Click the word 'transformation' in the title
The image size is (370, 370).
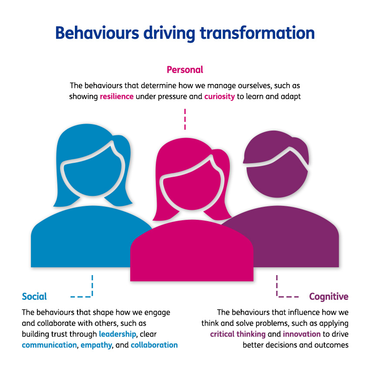256,34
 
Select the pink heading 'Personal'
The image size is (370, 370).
185,70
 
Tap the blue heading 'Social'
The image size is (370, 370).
34,297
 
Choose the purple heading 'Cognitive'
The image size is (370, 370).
329,297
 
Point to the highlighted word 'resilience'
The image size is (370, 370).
117,97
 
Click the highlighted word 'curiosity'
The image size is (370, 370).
219,97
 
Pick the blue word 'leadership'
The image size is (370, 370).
117,335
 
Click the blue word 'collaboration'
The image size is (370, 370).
154,345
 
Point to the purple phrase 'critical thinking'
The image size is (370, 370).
238,335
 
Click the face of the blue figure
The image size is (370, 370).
89,178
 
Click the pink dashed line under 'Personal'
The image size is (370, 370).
185,119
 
